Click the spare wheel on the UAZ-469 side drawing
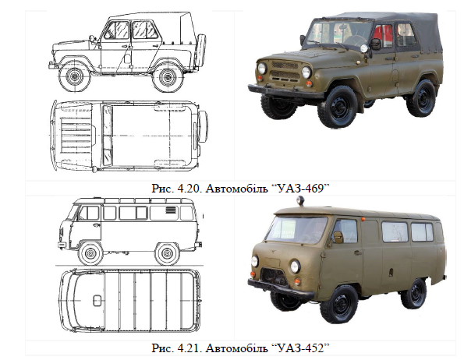(201, 49)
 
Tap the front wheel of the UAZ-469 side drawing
(74, 76)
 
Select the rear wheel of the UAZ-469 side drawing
(168, 77)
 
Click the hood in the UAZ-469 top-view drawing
(77, 135)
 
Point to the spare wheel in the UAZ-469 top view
(204, 126)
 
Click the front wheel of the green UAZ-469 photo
(337, 107)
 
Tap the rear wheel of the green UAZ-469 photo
(421, 98)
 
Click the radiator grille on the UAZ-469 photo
(285, 71)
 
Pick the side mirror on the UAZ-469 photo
(376, 44)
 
